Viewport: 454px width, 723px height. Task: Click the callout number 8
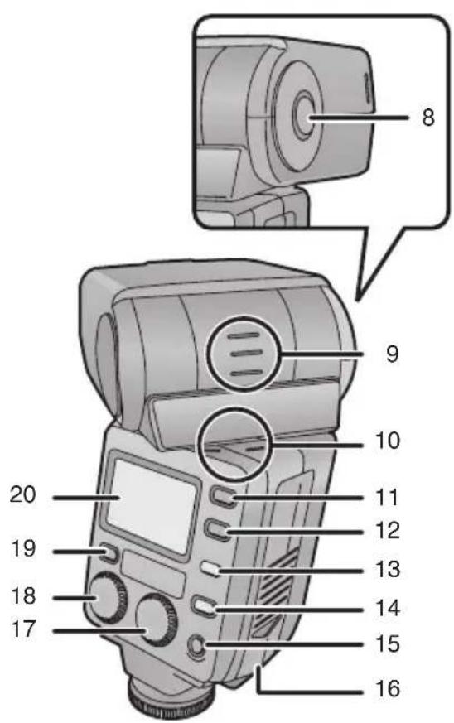pyautogui.click(x=427, y=117)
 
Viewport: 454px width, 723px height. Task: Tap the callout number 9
pyautogui.click(x=391, y=354)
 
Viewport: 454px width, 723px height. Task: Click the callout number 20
pyautogui.click(x=24, y=498)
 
